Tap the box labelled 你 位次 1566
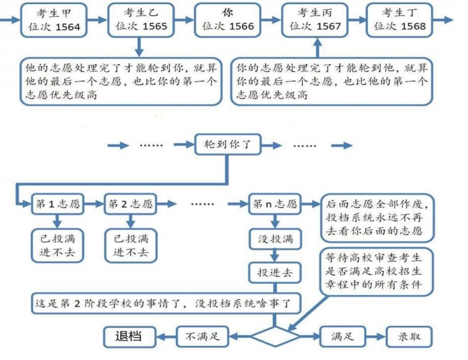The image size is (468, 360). click(x=227, y=20)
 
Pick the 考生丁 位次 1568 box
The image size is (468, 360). click(x=398, y=20)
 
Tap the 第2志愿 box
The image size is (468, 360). click(x=131, y=204)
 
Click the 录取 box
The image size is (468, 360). click(x=408, y=336)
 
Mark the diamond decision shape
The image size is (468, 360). click(x=275, y=335)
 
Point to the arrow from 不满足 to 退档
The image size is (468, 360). click(x=166, y=336)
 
